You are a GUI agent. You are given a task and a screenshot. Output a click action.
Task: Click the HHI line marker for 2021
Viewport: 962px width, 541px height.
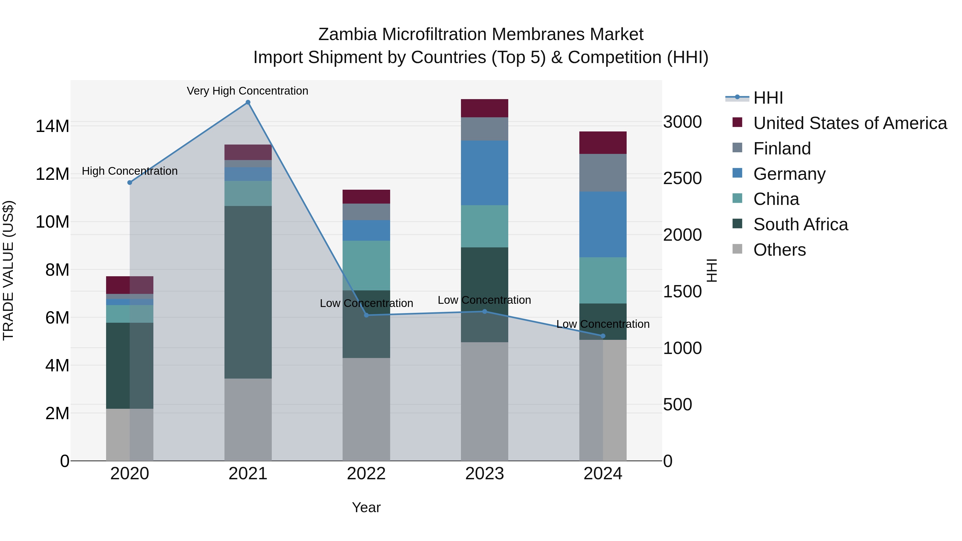pos(248,102)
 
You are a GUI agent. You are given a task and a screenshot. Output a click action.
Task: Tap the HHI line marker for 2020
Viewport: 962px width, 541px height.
pos(130,182)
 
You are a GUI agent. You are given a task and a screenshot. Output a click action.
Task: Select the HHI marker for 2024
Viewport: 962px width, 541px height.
pos(603,336)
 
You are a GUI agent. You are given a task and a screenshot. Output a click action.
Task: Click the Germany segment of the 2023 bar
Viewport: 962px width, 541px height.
pos(484,173)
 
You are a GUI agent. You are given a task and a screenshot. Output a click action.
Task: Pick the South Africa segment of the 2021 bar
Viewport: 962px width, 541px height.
pos(248,292)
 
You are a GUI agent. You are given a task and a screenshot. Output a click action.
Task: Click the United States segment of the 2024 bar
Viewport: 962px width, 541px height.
pos(603,143)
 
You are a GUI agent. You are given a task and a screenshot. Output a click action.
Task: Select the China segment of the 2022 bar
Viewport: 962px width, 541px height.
pos(366,266)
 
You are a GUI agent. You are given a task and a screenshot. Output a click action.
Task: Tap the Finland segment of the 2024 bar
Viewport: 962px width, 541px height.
pos(603,173)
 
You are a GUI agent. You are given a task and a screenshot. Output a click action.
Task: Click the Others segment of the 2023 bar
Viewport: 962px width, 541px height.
pos(484,401)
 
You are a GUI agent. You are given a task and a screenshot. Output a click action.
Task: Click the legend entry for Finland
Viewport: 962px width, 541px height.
pos(782,149)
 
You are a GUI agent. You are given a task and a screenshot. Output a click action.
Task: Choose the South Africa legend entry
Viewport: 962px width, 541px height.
pos(800,224)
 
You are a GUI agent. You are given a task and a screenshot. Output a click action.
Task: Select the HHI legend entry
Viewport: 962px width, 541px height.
pos(768,98)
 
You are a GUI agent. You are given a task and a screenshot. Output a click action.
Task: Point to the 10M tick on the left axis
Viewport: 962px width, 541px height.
pos(52,222)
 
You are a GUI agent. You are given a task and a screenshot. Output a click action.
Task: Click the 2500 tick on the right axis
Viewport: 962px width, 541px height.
pos(682,178)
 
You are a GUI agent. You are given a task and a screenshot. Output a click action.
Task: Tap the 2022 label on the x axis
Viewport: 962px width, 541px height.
pos(366,474)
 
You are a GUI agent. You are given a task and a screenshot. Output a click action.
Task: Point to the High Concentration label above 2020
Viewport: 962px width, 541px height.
pos(130,171)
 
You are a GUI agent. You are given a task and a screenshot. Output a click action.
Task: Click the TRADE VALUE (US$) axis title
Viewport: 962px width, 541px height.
pos(8,270)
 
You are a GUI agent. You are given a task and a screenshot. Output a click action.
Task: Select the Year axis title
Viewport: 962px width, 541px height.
pos(366,507)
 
